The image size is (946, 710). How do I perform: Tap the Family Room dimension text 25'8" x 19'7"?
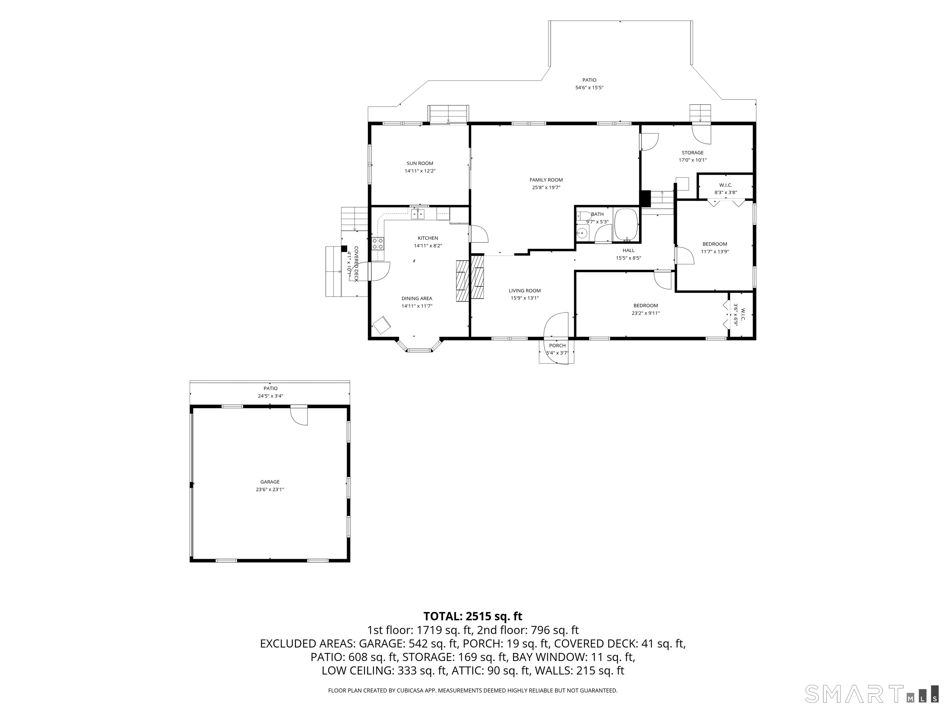[546, 187]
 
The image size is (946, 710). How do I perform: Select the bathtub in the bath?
[626, 225]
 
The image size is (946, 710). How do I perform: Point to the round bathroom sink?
[582, 233]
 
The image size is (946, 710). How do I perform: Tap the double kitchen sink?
[418, 214]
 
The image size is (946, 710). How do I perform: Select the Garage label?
[270, 482]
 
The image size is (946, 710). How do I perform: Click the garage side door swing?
[299, 416]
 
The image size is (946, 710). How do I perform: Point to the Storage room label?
[692, 153]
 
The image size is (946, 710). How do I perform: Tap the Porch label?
[557, 345]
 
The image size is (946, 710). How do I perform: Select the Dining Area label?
[417, 298]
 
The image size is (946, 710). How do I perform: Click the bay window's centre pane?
[419, 350]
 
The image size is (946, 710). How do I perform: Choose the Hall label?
[628, 250]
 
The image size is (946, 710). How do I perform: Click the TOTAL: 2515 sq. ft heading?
[473, 616]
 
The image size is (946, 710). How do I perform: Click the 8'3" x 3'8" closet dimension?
[725, 193]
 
